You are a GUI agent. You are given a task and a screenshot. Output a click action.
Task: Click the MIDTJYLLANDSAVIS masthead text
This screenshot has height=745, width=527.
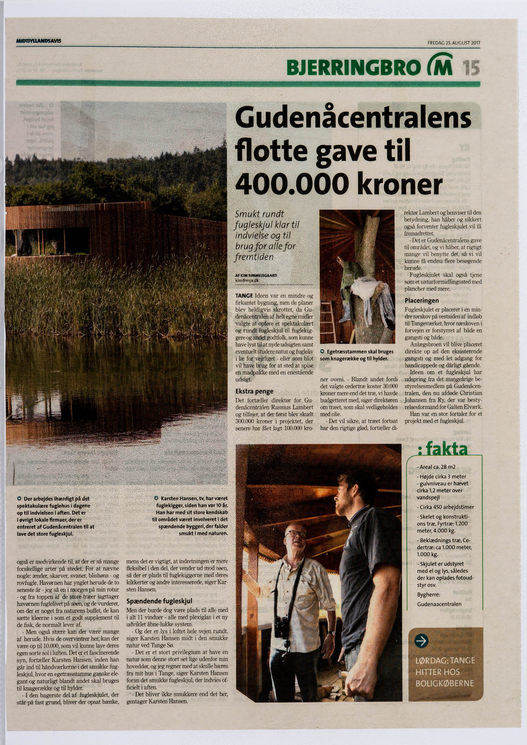coord(39,41)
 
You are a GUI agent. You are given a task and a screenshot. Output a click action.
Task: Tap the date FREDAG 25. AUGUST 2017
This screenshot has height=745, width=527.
coord(454,43)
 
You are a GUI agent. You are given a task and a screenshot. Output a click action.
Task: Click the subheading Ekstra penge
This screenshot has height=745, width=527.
coord(254,391)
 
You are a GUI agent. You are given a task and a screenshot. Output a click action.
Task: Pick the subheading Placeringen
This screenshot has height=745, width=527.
coord(421,300)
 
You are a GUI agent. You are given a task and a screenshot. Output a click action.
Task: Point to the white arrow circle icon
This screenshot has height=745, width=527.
coord(421,641)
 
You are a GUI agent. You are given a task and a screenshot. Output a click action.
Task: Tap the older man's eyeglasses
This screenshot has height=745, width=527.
coord(296,534)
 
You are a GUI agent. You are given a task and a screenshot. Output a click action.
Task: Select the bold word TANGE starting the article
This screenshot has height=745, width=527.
coord(244,296)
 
